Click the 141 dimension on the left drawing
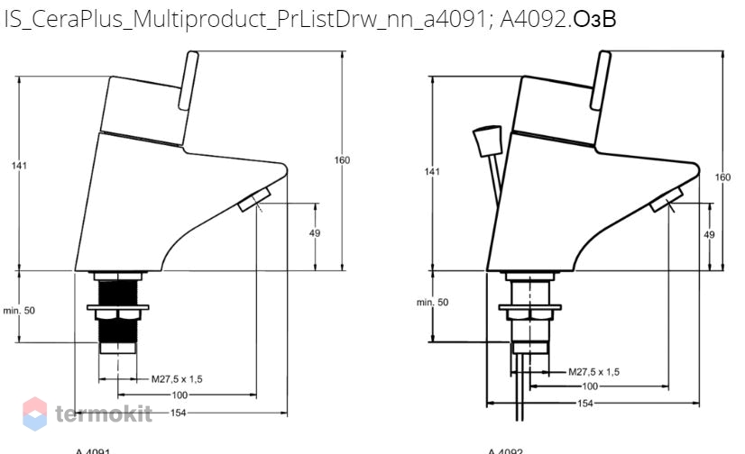click(19, 165)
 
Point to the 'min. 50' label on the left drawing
click(19, 311)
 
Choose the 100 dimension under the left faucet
click(180, 395)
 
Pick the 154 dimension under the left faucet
click(180, 412)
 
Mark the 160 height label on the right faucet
click(723, 177)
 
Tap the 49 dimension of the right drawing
click(710, 234)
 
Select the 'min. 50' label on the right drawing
click(432, 303)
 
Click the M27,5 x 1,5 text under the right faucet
click(593, 371)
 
